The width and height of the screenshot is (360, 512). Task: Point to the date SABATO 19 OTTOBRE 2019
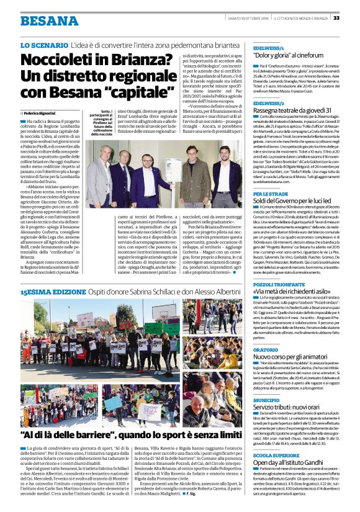(x=248, y=18)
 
